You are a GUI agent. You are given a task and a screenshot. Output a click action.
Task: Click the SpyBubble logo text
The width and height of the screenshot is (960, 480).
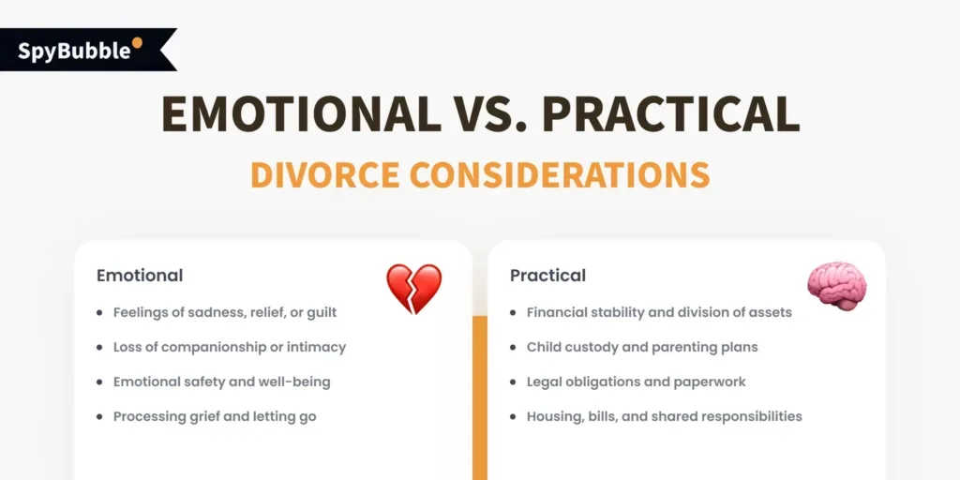click(75, 50)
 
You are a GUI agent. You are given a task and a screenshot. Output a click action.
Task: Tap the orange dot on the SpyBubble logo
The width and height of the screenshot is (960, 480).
click(137, 42)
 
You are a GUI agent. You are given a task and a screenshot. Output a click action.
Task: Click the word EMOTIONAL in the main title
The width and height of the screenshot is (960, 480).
click(300, 114)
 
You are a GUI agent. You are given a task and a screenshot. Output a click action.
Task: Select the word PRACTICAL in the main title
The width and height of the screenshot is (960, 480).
click(671, 114)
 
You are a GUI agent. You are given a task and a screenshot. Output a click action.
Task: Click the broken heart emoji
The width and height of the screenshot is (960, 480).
click(413, 289)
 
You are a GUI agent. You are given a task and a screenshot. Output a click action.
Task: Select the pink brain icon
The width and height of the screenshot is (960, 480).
click(836, 286)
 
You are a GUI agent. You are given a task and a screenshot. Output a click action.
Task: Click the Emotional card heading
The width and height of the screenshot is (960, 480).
click(140, 276)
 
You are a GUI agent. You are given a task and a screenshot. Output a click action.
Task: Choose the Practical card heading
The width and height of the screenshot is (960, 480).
click(547, 276)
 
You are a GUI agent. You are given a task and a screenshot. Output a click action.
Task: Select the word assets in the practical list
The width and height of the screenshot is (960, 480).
click(769, 312)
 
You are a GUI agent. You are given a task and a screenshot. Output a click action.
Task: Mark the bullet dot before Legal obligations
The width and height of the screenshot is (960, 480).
click(515, 382)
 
